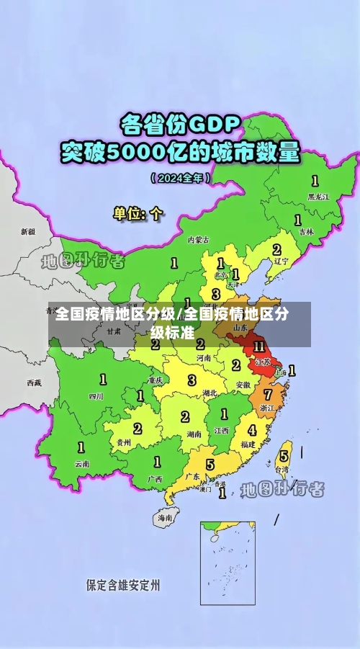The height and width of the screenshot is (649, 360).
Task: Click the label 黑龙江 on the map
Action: pyautogui.click(x=318, y=196)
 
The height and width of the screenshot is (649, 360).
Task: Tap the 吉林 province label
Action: pyautogui.click(x=307, y=232)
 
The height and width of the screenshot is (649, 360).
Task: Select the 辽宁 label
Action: pyautogui.click(x=280, y=263)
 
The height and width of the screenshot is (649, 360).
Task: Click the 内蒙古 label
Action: pyautogui.click(x=198, y=239)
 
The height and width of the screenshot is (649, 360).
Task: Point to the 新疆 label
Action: pyautogui.click(x=28, y=232)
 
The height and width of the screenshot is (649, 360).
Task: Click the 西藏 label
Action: pyautogui.click(x=34, y=382)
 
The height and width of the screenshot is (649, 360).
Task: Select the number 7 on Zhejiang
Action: pyautogui.click(x=267, y=394)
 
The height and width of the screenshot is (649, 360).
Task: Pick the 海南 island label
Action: pyautogui.click(x=165, y=517)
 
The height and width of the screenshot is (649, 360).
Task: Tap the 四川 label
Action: pyautogui.click(x=96, y=395)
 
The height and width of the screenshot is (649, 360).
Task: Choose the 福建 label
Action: pyautogui.click(x=248, y=445)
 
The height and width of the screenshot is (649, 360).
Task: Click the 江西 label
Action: pyautogui.click(x=221, y=430)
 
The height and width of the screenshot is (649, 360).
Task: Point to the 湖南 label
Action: pyautogui.click(x=193, y=434)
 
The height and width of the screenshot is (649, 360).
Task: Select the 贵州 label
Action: pyautogui.click(x=124, y=442)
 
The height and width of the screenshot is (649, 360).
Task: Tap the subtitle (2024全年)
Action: pyautogui.click(x=180, y=176)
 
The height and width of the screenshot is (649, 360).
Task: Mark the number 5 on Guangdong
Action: pyautogui.click(x=210, y=464)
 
